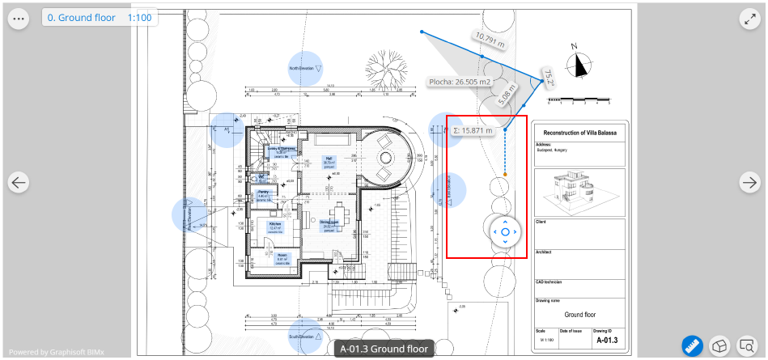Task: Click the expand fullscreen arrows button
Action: pyautogui.click(x=749, y=18)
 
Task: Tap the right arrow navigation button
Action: pyautogui.click(x=749, y=183)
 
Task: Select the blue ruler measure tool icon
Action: pyautogui.click(x=692, y=345)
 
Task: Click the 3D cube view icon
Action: pyautogui.click(x=719, y=345)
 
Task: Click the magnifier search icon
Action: pyautogui.click(x=746, y=345)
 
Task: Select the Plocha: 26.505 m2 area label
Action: pyautogui.click(x=460, y=82)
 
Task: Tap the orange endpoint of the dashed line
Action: pyautogui.click(x=505, y=175)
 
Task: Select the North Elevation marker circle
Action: pyautogui.click(x=305, y=69)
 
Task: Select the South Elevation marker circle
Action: pyautogui.click(x=305, y=335)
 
